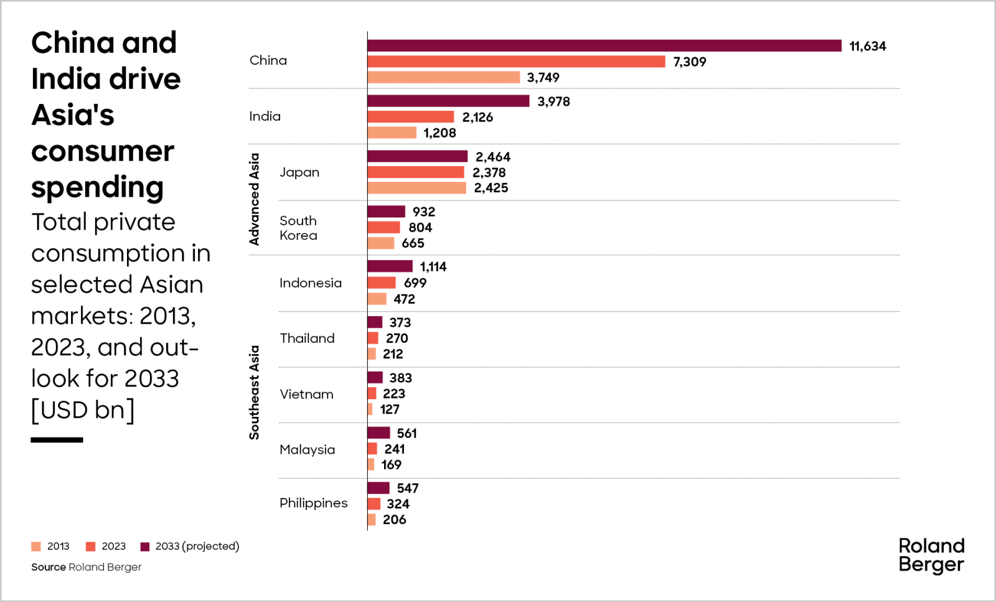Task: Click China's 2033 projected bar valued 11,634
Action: tap(604, 46)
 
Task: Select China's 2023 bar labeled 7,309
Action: tap(516, 62)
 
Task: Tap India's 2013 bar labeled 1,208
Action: tap(392, 133)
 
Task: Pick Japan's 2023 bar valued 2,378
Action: tap(415, 172)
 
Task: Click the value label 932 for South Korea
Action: tap(423, 212)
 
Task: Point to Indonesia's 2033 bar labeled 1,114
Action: tap(390, 266)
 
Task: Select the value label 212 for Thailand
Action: tap(393, 354)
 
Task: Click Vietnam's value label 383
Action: tap(400, 378)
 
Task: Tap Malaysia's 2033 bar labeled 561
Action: tap(378, 433)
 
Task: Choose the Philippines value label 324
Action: tap(398, 504)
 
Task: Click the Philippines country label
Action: tap(313, 503)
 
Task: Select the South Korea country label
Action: tap(298, 228)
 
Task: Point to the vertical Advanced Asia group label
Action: tap(254, 199)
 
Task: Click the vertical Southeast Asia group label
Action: tap(254, 392)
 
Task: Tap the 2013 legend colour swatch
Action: tap(36, 547)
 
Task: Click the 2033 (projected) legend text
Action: tap(197, 547)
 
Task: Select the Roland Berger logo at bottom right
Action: tap(931, 555)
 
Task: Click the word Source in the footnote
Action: tap(49, 567)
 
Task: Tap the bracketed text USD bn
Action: tap(83, 410)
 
